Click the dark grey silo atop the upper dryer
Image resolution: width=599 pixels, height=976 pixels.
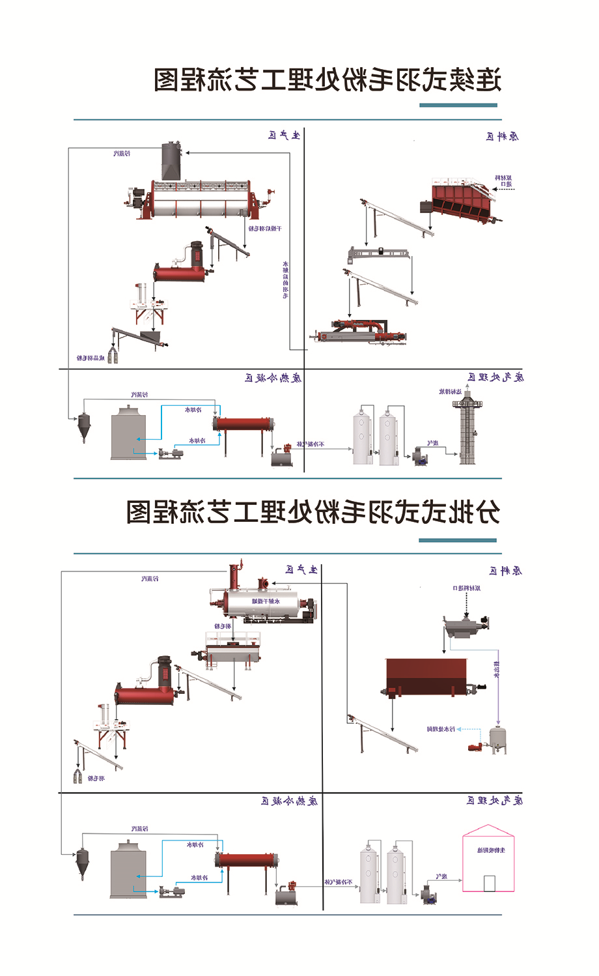coord(171,161)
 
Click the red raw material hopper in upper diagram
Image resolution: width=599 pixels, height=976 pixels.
coord(463,201)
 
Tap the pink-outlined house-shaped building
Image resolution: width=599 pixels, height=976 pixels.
coord(488,859)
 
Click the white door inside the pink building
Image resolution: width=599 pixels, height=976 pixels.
coord(489,883)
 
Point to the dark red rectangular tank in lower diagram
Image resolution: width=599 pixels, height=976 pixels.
coord(426,678)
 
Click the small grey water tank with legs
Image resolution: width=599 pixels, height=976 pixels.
coord(498,738)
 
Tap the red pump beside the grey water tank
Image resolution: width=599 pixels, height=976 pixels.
coord(477,747)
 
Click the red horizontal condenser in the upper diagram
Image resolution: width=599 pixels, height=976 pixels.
coord(243,425)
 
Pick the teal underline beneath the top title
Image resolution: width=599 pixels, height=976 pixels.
coord(458,105)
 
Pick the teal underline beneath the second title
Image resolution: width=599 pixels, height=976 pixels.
coord(457,540)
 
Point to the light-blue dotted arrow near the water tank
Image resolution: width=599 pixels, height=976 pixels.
coord(472,730)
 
